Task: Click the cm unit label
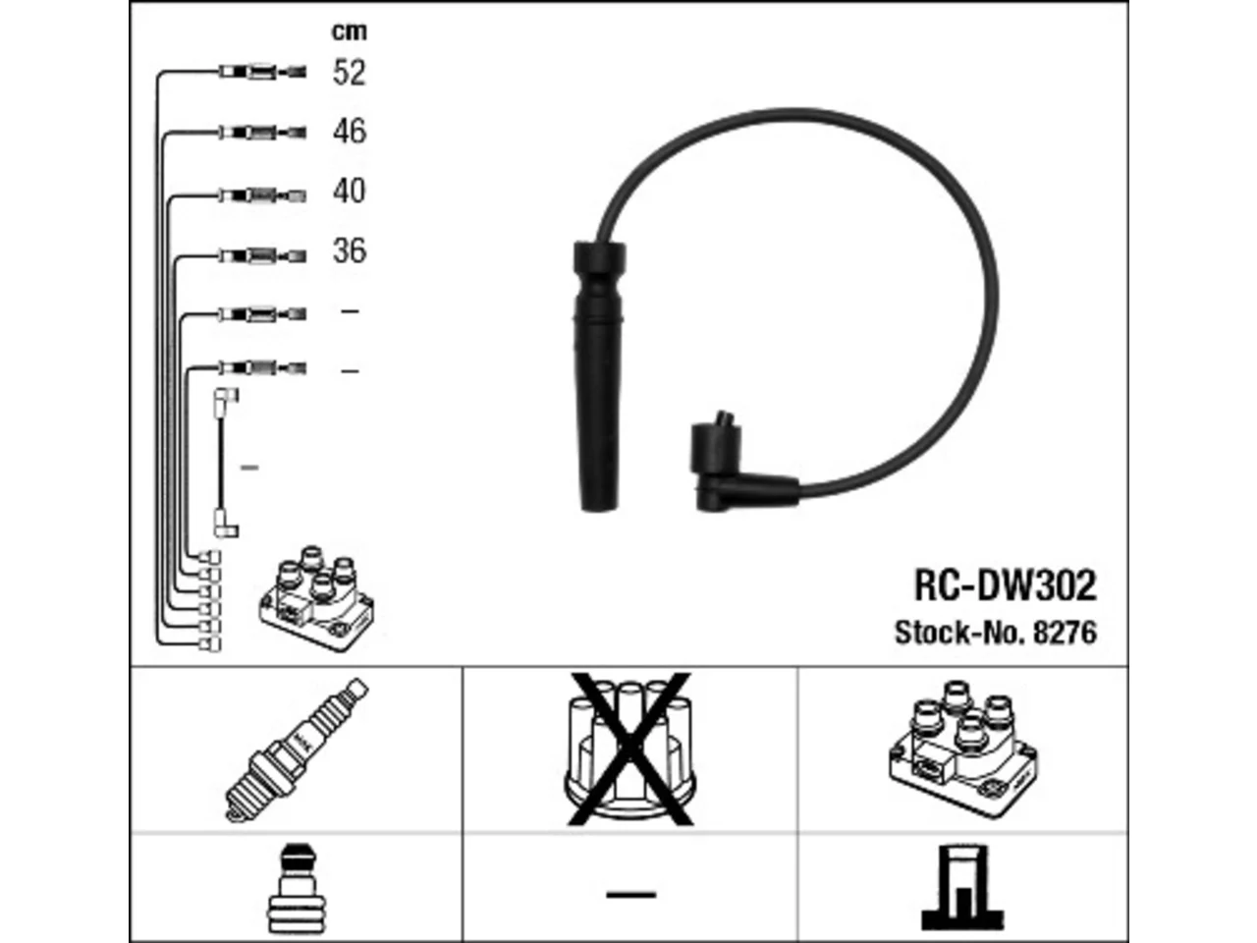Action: click(350, 30)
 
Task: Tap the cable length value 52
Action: click(349, 73)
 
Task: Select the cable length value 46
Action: click(350, 131)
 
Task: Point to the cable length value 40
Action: click(349, 191)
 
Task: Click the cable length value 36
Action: click(350, 250)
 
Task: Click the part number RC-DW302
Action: click(1005, 585)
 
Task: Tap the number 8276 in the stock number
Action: click(1066, 633)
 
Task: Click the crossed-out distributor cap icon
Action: click(629, 749)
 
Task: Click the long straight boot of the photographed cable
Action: click(598, 375)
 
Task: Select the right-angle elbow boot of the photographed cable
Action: click(738, 464)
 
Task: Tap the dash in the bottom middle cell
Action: click(631, 894)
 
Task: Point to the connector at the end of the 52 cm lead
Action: click(263, 72)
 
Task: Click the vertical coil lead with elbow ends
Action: click(225, 464)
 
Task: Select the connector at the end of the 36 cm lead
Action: click(263, 255)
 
